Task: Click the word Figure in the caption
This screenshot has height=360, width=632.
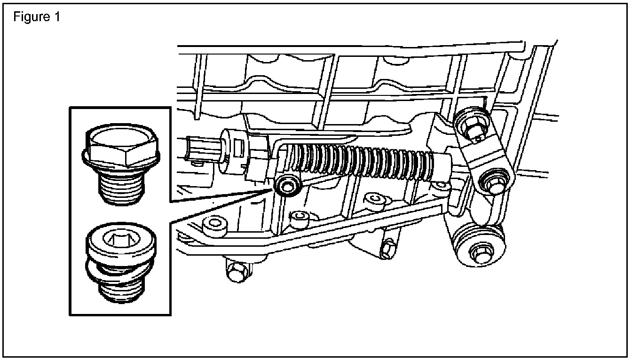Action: pyautogui.click(x=30, y=17)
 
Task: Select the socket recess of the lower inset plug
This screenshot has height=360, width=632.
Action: pyautogui.click(x=120, y=242)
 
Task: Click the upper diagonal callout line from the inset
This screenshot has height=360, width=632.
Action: pyautogui.click(x=221, y=195)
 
